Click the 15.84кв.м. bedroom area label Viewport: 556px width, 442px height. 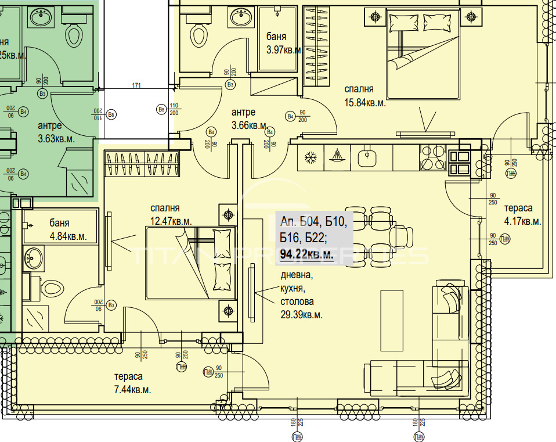tap(365, 103)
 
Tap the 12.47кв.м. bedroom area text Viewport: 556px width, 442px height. tap(171, 221)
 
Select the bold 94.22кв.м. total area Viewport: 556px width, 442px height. tap(306, 253)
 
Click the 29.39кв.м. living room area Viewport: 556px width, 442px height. tap(301, 315)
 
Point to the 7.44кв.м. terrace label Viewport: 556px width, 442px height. tap(132, 390)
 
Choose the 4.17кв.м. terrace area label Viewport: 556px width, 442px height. tap(522, 221)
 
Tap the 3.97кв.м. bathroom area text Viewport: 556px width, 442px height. tap(284, 50)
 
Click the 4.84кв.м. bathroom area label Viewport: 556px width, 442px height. tap(68, 236)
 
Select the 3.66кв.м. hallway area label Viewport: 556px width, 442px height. tap(250, 125)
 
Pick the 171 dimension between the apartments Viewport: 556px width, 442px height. tap(136, 86)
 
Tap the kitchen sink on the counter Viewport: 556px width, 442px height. tap(366, 157)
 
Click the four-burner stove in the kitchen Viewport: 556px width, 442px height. tap(432, 158)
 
